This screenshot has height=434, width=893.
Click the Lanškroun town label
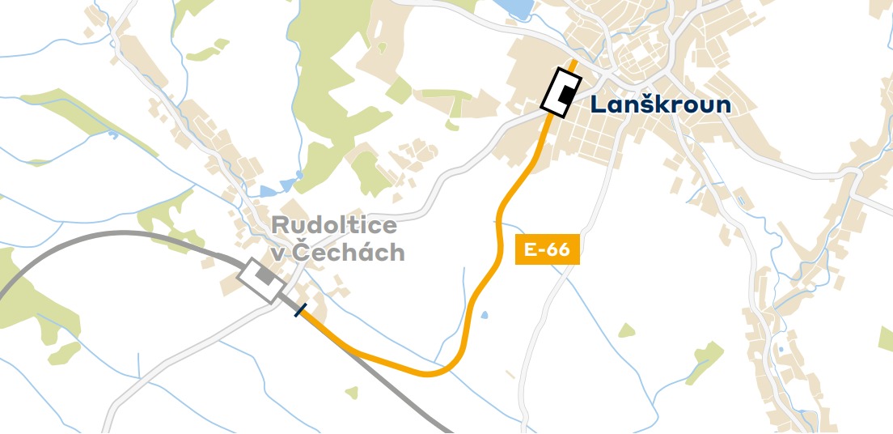(x=660, y=104)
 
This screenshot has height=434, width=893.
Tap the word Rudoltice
(x=334, y=225)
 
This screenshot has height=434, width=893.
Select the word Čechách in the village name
(x=348, y=252)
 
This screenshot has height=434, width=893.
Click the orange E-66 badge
(x=547, y=249)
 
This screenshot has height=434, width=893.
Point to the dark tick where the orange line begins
(x=300, y=310)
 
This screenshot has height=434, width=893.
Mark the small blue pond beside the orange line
(x=484, y=313)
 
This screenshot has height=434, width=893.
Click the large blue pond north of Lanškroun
(x=512, y=8)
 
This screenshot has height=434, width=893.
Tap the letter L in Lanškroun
(x=597, y=105)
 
